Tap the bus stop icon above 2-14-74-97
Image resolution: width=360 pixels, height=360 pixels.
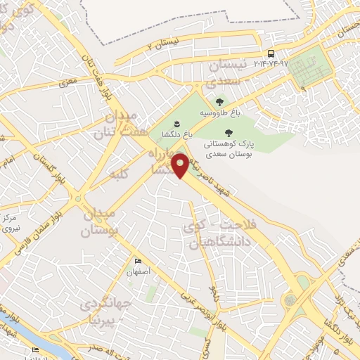coord(271,53)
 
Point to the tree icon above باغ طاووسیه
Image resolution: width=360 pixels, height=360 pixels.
coord(228,103)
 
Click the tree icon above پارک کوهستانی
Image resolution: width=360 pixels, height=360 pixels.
coord(227,132)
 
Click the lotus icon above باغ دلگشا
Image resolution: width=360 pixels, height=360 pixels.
coord(167,124)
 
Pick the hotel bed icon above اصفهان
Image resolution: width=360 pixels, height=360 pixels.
coord(137,261)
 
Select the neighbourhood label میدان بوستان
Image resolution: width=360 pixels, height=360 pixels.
coord(100,221)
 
